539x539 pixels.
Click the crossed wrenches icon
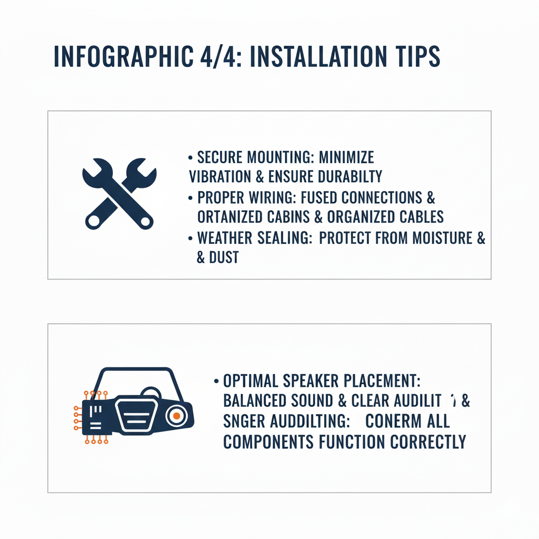click(x=119, y=193)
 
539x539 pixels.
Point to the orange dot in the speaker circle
click(x=177, y=416)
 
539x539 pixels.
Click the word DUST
click(x=224, y=257)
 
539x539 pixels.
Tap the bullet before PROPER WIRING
click(x=190, y=198)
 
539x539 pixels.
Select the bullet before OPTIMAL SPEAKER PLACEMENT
click(x=216, y=381)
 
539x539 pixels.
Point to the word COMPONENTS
click(x=269, y=441)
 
